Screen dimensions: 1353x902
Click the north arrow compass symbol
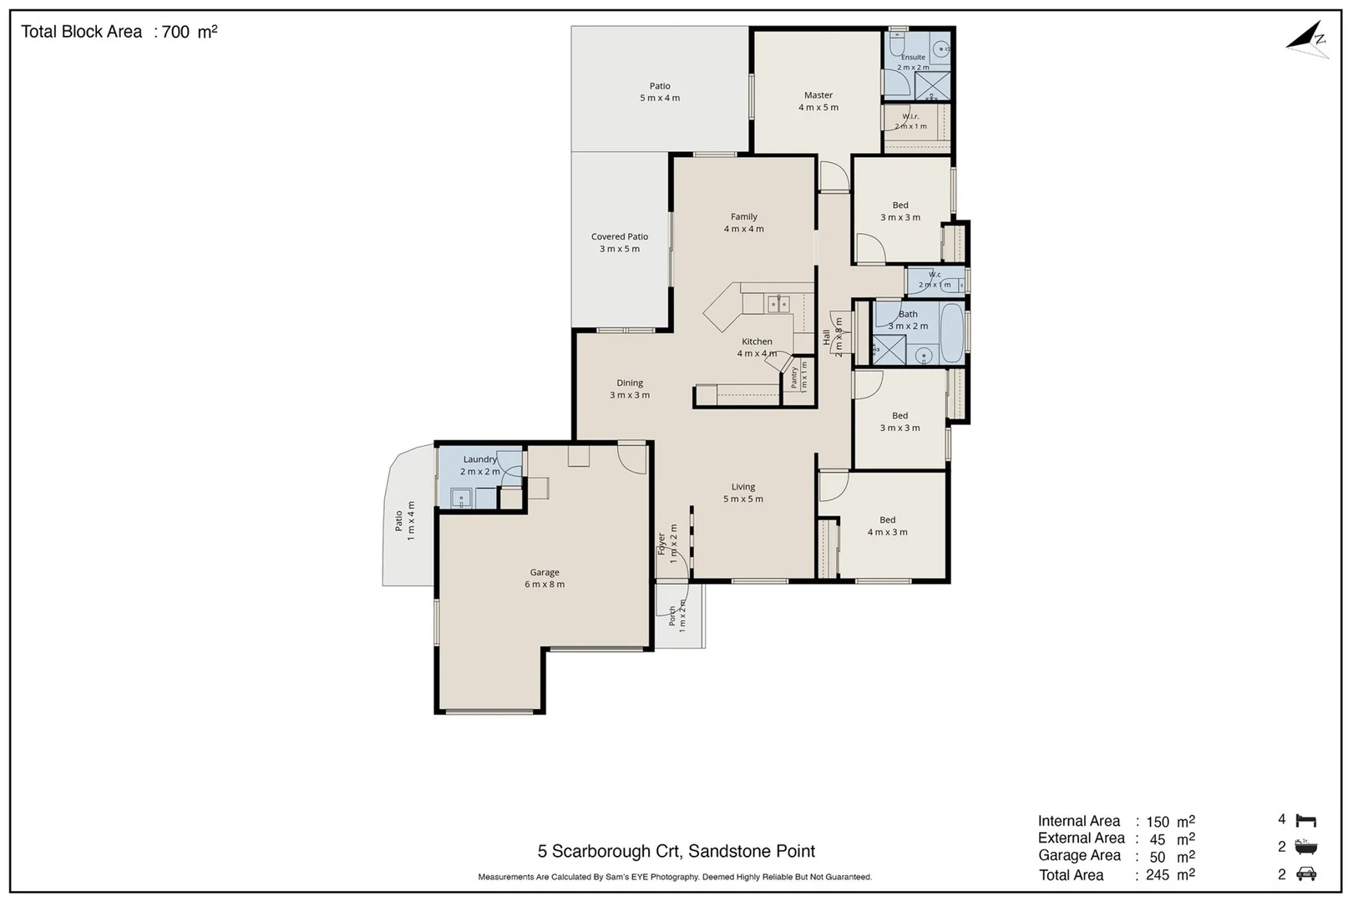coord(1308,41)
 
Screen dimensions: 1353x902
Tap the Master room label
coord(818,95)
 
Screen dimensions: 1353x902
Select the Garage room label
coord(545,572)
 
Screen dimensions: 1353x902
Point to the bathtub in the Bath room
coord(952,332)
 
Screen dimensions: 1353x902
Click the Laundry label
coord(479,459)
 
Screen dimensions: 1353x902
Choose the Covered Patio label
coord(619,236)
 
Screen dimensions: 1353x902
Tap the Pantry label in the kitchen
coord(794,378)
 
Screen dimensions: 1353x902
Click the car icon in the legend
coord(1306,874)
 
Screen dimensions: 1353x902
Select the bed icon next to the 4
coord(1306,820)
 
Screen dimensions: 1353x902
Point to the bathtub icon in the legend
coord(1306,846)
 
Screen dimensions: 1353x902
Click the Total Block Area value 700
coord(175,32)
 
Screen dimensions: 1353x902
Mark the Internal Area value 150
coord(1158,822)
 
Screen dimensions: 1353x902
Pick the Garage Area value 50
coord(1158,857)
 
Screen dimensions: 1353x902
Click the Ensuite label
coord(913,58)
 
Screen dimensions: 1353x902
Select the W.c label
coord(935,275)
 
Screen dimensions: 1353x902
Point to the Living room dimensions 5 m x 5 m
coord(743,499)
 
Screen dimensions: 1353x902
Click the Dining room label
coord(630,383)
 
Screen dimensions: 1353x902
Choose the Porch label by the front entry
coord(671,616)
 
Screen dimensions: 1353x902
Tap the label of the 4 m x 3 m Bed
coord(887,519)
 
